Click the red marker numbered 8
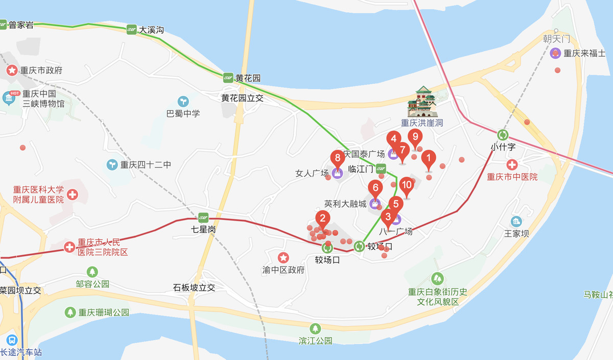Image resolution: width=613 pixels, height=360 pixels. click(x=337, y=158)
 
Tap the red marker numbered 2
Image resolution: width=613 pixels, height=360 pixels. click(x=322, y=219)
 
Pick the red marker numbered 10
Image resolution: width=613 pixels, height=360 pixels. click(x=407, y=185)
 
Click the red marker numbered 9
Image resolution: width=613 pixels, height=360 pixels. click(x=415, y=137)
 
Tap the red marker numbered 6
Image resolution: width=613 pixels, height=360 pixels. click(x=375, y=188)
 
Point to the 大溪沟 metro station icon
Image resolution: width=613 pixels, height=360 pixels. click(x=132, y=30)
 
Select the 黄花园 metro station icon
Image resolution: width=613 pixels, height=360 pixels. click(x=228, y=78)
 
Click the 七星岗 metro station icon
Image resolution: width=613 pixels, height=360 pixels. click(x=203, y=217)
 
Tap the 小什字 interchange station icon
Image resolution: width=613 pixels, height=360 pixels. click(x=503, y=135)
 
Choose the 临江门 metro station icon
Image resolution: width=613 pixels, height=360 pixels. click(x=381, y=168)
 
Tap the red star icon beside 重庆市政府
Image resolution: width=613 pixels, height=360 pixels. click(x=11, y=70)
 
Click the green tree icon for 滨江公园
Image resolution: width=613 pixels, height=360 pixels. click(x=315, y=328)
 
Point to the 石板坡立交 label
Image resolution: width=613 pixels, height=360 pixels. click(x=194, y=287)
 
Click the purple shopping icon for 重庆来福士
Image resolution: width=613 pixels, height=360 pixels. click(x=555, y=53)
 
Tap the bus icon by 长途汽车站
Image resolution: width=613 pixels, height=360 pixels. click(x=11, y=340)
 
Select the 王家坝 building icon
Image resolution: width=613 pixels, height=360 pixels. click(x=516, y=222)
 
